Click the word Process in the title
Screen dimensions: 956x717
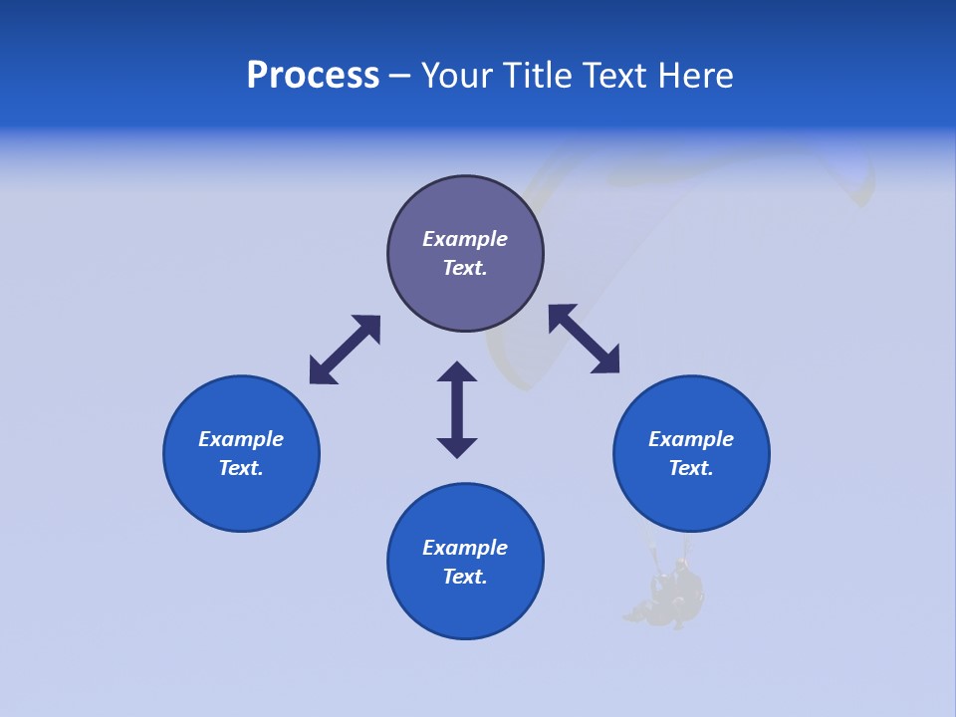click(313, 76)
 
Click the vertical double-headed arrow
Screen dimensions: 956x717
click(457, 409)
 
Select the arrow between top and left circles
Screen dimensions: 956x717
click(345, 350)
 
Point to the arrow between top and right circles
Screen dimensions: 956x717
click(584, 339)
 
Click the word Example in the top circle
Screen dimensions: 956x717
click(465, 239)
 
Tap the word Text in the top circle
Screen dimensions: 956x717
click(463, 268)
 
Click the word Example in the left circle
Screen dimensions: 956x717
click(241, 439)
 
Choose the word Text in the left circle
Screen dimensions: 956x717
click(240, 468)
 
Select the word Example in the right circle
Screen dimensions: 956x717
click(691, 439)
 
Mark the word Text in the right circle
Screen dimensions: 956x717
click(690, 468)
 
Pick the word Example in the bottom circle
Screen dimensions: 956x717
click(465, 548)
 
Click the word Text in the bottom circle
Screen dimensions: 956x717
click(463, 577)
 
